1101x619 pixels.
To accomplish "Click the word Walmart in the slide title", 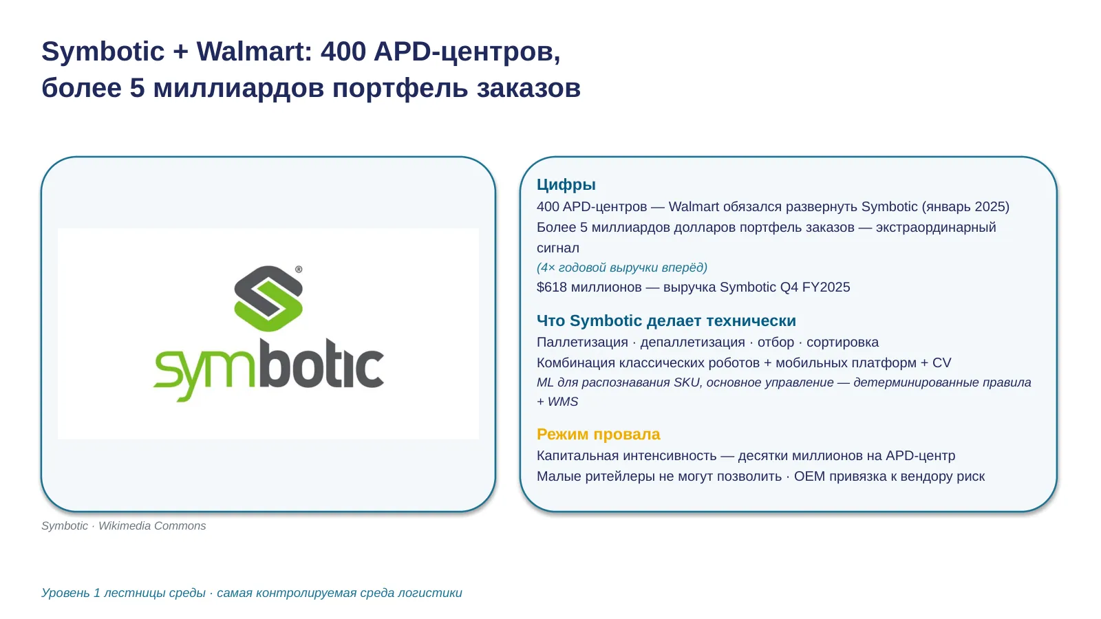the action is tap(254, 52).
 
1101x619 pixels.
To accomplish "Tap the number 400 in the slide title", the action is tap(343, 52).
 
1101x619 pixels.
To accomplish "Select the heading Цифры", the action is tap(566, 185).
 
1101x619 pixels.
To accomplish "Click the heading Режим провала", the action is tap(598, 434).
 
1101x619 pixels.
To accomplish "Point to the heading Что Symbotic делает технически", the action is tap(666, 321).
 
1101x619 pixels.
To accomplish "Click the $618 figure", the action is tap(551, 287).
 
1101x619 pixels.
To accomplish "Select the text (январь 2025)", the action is tap(965, 207).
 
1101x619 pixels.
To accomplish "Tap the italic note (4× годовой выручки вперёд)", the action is tap(622, 268).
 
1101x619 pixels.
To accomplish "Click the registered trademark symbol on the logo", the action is tap(299, 269).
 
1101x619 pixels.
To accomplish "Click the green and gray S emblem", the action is tap(268, 298).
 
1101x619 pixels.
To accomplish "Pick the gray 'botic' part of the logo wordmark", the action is tap(321, 364).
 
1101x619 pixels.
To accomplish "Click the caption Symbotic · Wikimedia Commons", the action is tap(123, 525).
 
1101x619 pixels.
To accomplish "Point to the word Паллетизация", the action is tap(582, 343).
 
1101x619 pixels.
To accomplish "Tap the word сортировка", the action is tap(842, 343).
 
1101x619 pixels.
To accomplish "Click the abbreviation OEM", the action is tap(809, 477).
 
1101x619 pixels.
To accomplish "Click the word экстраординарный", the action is tap(936, 228).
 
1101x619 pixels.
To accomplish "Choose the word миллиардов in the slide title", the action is tap(238, 89).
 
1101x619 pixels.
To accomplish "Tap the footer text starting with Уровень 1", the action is tap(252, 593).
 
